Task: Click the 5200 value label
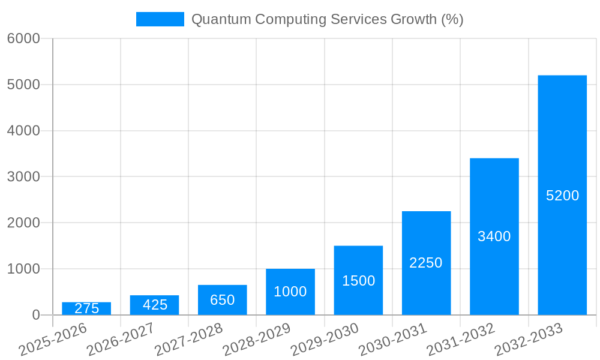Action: coord(562,196)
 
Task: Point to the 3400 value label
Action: coord(494,236)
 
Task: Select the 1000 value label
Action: coord(290,292)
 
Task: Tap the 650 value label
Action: coord(223,300)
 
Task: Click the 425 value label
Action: coord(155,305)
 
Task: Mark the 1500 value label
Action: coord(358,281)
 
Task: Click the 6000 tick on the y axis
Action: coord(23,38)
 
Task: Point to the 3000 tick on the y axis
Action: coord(23,177)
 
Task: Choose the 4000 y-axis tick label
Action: coord(23,131)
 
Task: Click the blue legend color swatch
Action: coord(160,19)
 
